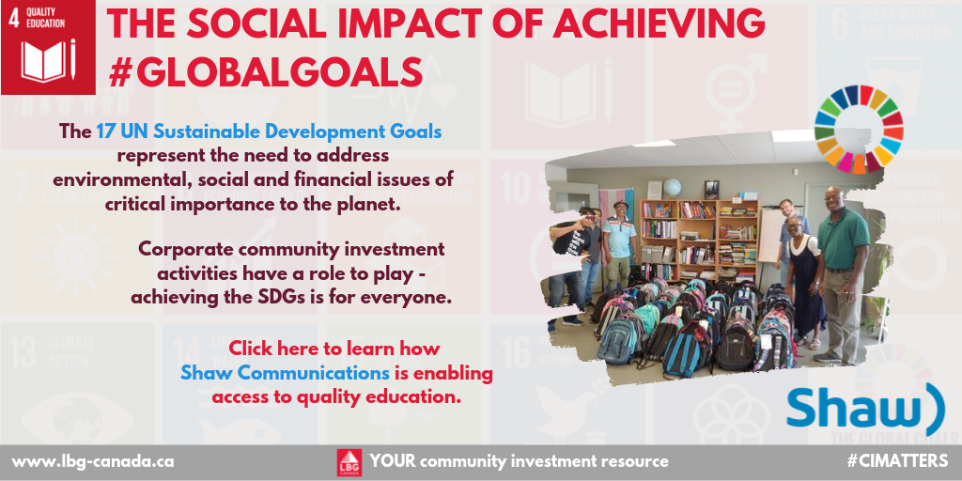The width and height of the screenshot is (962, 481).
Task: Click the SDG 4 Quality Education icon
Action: click(x=47, y=48)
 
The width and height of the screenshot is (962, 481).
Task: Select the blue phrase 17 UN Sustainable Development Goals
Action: click(x=269, y=132)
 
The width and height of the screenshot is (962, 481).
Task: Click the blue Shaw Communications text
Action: click(x=285, y=373)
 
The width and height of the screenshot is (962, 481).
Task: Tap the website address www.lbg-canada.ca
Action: click(x=92, y=461)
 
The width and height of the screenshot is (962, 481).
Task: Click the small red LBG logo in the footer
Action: click(x=349, y=461)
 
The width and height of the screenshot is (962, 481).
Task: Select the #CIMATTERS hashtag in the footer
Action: click(x=897, y=461)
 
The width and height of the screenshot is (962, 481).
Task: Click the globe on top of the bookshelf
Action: click(x=673, y=187)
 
